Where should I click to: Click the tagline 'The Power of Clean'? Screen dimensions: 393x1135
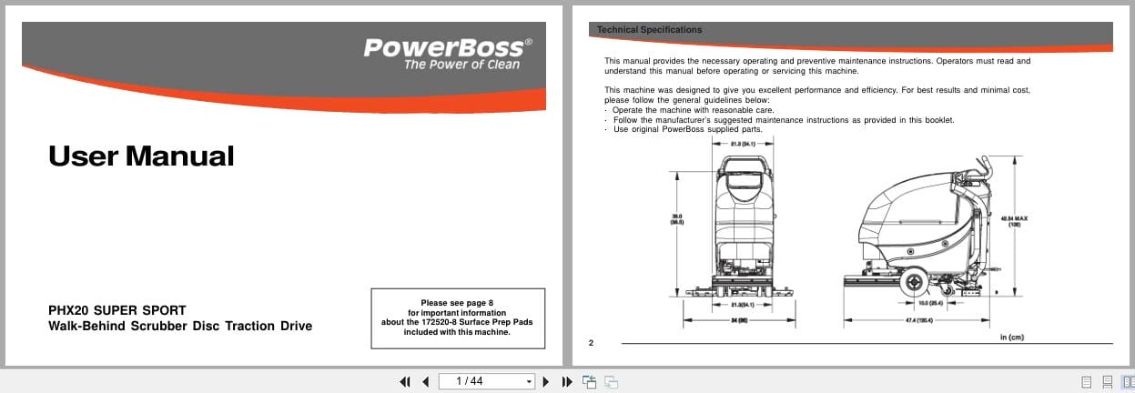point(461,65)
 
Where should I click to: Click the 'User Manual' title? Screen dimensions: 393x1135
point(141,156)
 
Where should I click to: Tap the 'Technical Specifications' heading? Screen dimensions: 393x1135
point(649,30)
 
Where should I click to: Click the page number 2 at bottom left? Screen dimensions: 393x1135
point(591,342)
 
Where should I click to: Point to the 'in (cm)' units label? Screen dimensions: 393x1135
point(1011,338)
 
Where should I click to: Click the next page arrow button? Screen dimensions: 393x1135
point(546,381)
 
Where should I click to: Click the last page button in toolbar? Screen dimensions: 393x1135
point(566,381)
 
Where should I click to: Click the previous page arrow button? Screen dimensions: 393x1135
point(425,381)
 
